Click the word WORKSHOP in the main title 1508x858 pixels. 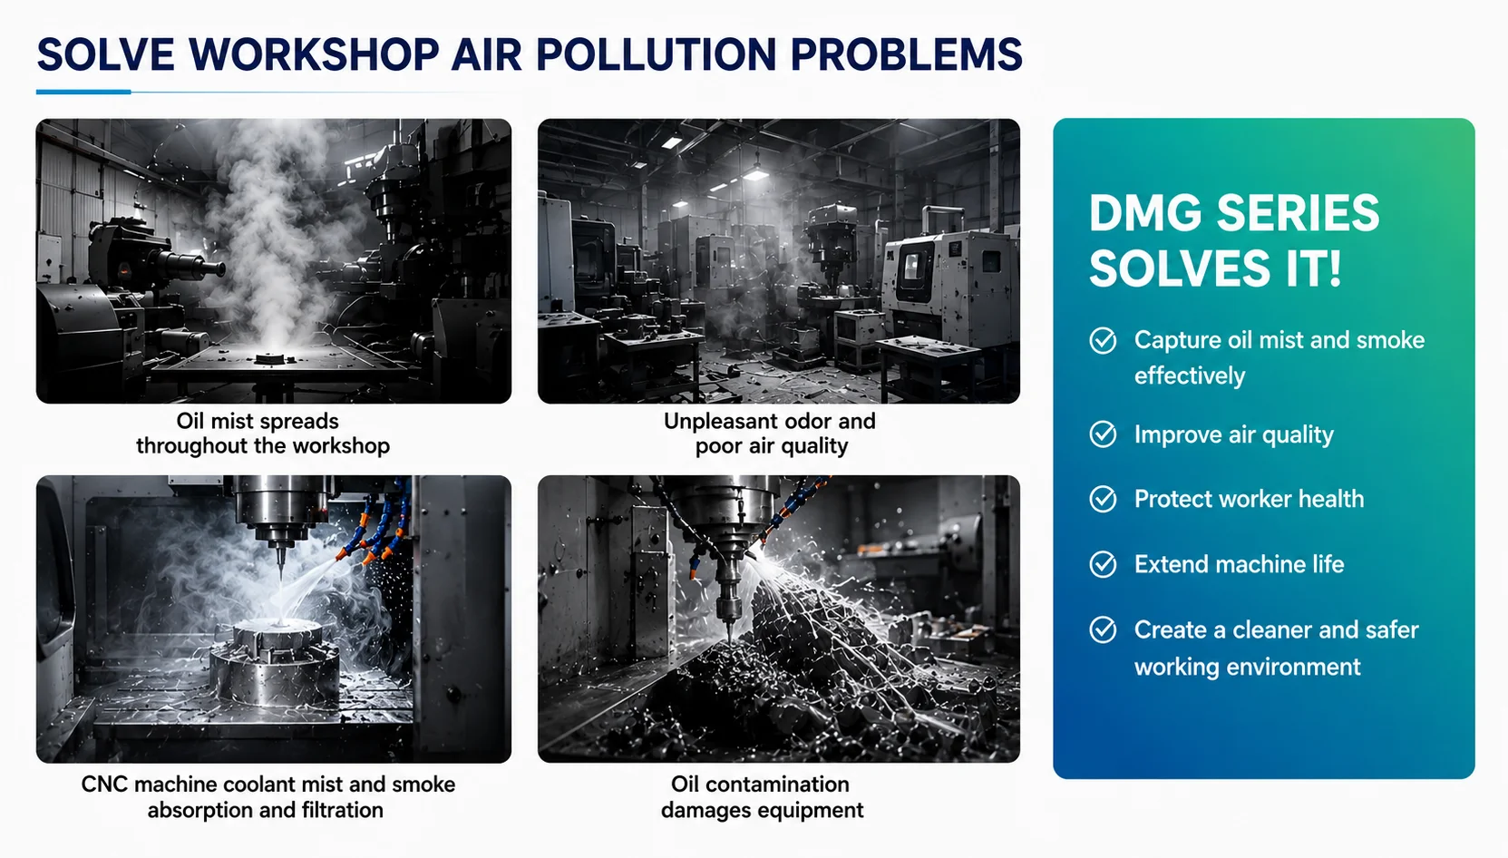[314, 54]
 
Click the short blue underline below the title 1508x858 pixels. [83, 92]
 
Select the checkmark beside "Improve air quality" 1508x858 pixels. [1103, 434]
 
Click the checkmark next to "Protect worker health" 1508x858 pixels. [1103, 499]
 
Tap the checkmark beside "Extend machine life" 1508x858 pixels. [1103, 564]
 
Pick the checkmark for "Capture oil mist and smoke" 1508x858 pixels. [1103, 340]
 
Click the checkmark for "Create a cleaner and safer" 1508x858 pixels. [1103, 629]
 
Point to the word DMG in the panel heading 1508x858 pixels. [1145, 213]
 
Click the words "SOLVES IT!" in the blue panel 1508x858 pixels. [1215, 268]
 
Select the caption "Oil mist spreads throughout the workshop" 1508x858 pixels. [263, 434]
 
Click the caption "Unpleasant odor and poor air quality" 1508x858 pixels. [770, 434]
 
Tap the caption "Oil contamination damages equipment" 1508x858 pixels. [762, 797]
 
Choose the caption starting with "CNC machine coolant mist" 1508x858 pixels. [268, 797]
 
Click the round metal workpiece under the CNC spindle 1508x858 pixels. [276, 663]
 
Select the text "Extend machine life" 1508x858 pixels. [1239, 564]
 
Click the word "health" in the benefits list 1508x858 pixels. [1330, 499]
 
